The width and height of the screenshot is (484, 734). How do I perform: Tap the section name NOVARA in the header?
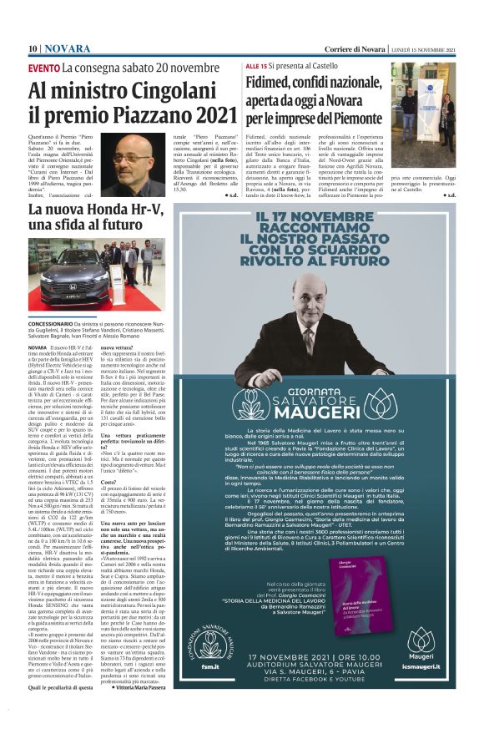coord(67,48)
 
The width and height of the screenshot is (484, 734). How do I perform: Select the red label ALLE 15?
coord(256,65)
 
